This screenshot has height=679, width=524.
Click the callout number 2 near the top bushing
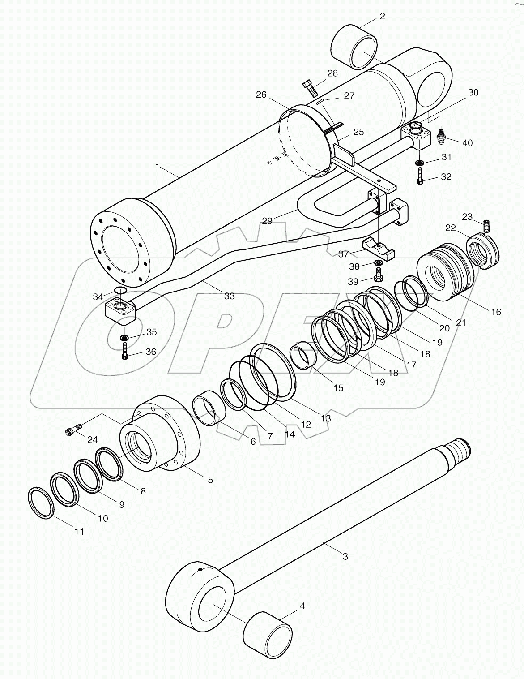click(382, 17)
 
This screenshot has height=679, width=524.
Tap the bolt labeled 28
click(309, 87)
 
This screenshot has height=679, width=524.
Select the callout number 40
click(467, 143)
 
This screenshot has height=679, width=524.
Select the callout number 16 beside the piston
click(496, 312)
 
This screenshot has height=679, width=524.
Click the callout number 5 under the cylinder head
click(210, 480)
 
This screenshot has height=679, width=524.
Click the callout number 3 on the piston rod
click(345, 556)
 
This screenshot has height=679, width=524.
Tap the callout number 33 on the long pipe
click(229, 296)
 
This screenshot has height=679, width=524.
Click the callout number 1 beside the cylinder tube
click(158, 167)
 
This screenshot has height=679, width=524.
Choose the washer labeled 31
click(420, 162)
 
